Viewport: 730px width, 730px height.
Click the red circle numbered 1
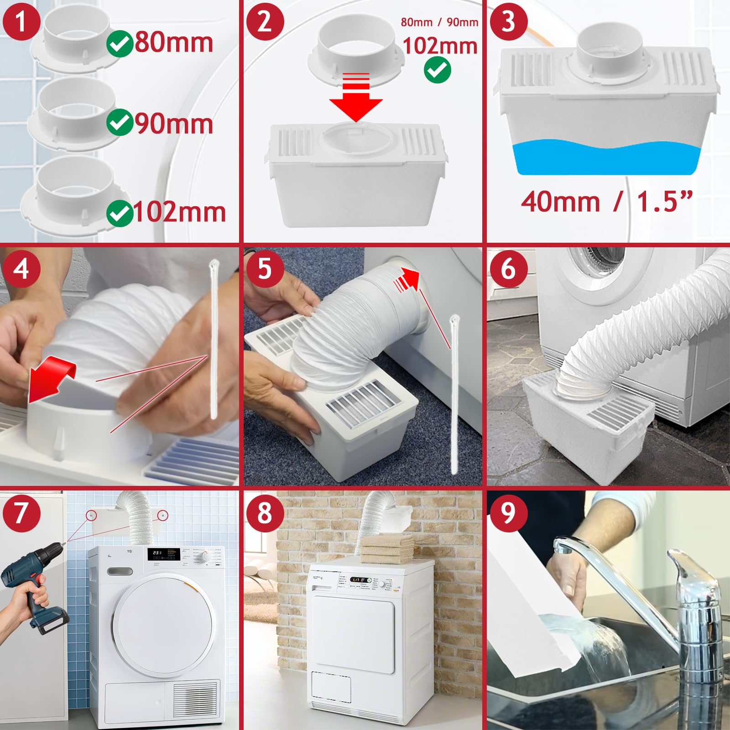pyautogui.click(x=21, y=21)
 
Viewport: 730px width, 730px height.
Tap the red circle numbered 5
pyautogui.click(x=265, y=268)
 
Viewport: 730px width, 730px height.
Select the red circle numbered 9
pyautogui.click(x=508, y=512)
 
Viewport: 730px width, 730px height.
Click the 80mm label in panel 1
pyautogui.click(x=174, y=42)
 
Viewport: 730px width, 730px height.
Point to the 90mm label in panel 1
pyautogui.click(x=174, y=124)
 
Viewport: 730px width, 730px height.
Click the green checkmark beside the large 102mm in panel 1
pyautogui.click(x=120, y=213)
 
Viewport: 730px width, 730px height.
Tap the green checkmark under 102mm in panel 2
pyautogui.click(x=438, y=70)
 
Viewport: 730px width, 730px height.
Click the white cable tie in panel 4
pyautogui.click(x=214, y=338)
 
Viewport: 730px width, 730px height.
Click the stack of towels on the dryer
pyautogui.click(x=386, y=547)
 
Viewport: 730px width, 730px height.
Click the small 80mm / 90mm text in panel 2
pyautogui.click(x=439, y=22)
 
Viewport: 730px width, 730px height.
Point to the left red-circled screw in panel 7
pyautogui.click(x=92, y=515)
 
